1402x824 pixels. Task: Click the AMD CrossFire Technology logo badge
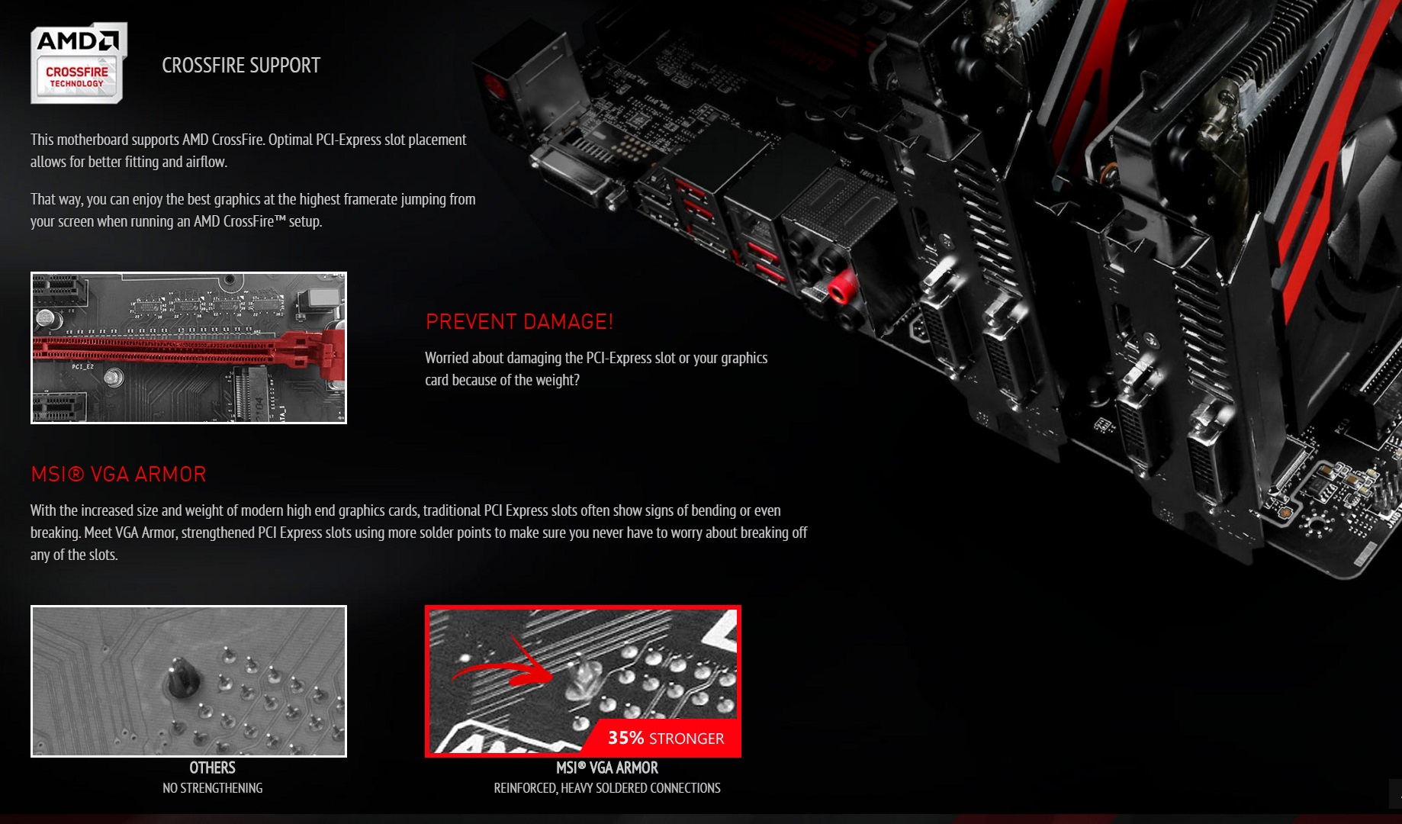(78, 63)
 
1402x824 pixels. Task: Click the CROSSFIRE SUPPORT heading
(241, 66)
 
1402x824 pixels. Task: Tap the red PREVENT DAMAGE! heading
(519, 322)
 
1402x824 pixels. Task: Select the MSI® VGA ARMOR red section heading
(118, 475)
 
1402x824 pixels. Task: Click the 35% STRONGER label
(666, 738)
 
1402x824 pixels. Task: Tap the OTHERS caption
(212, 768)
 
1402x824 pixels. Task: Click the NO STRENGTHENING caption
(212, 788)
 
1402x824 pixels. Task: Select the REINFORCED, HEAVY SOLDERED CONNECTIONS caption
(607, 788)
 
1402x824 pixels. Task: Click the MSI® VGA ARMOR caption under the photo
(607, 768)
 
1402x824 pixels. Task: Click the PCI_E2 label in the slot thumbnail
(82, 367)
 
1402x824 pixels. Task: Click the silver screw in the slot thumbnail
(114, 377)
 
